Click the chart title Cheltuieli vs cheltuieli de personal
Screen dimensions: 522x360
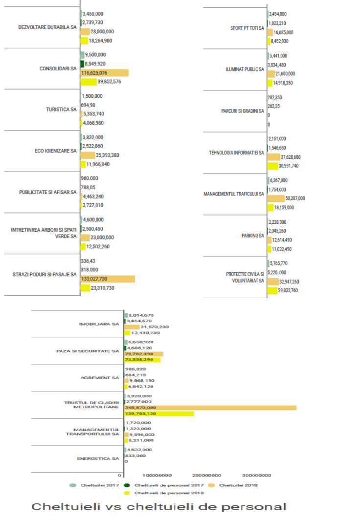point(158,506)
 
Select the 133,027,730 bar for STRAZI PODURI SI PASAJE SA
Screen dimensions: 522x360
point(107,279)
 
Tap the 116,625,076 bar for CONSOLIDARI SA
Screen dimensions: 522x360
point(104,73)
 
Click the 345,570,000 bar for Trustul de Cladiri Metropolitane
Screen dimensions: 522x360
point(210,408)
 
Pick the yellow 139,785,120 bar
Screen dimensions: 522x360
point(159,413)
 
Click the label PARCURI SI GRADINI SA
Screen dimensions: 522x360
point(243,111)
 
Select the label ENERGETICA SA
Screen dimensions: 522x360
point(98,458)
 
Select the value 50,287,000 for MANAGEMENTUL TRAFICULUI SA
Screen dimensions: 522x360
point(295,198)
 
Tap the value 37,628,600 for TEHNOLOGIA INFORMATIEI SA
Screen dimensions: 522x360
point(291,157)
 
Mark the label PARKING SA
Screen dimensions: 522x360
point(253,236)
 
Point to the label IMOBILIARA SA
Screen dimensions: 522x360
point(99,324)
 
